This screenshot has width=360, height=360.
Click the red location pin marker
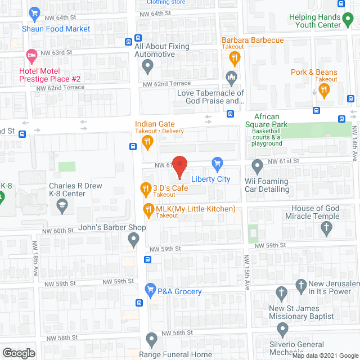(x=179, y=166)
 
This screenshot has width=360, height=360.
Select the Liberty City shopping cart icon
(x=217, y=164)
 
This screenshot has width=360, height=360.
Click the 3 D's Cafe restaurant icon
(x=145, y=188)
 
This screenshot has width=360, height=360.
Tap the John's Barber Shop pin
(x=133, y=240)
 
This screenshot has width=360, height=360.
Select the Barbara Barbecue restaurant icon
(x=235, y=56)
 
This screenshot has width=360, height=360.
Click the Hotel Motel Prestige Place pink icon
(x=31, y=56)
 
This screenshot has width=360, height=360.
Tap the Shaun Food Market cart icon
(x=34, y=13)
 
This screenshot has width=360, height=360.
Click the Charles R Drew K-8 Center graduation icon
(x=60, y=207)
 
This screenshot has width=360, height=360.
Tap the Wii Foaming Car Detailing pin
(x=257, y=166)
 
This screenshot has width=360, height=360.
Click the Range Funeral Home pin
(x=151, y=339)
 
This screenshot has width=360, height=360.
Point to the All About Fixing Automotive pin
(x=147, y=67)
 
